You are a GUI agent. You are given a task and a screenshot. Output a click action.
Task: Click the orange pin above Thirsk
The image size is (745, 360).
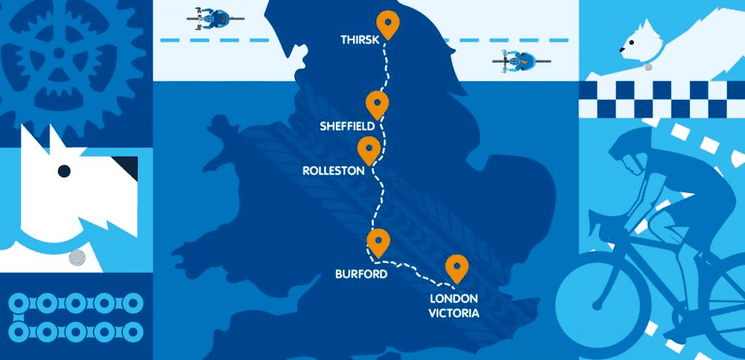tap(387, 24)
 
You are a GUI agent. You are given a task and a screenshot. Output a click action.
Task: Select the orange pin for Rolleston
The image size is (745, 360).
tap(368, 148)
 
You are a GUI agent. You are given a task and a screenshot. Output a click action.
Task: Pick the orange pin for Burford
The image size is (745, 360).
tap(379, 242)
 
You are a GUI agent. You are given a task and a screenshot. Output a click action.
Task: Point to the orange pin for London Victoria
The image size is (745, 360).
tap(456, 268)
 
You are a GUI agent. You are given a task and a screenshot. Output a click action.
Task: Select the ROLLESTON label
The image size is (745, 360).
tap(333, 171)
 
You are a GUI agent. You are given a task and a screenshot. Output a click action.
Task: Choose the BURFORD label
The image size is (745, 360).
tap(361, 274)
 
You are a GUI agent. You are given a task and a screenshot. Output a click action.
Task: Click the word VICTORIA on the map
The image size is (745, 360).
tap(454, 312)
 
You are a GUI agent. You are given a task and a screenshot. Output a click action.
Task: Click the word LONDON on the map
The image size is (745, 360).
tap(454, 300)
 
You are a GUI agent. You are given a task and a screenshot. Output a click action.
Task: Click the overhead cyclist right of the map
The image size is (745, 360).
tap(514, 58)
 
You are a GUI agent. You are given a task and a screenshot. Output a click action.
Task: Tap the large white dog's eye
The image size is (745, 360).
tap(65, 171)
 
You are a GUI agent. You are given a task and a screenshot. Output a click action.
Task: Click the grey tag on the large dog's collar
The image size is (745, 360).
tap(75, 259)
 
